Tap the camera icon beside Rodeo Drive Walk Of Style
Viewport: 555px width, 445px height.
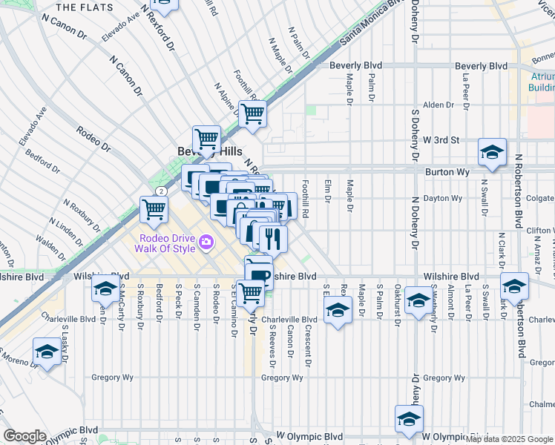pyautogui.click(x=206, y=242)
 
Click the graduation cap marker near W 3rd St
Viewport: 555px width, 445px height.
pyautogui.click(x=492, y=152)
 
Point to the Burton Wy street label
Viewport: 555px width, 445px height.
pyautogui.click(x=444, y=171)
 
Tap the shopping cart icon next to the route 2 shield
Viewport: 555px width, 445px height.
pyautogui.click(x=154, y=209)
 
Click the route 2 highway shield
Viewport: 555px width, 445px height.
pyautogui.click(x=160, y=191)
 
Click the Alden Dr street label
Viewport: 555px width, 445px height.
pyautogui.click(x=438, y=105)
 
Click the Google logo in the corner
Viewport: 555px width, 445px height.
pyautogui.click(x=24, y=436)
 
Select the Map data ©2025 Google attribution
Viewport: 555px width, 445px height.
pyautogui.click(x=509, y=439)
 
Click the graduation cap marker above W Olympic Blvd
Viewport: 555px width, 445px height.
pyautogui.click(x=409, y=419)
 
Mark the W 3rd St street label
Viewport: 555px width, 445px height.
pyautogui.click(x=441, y=139)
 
